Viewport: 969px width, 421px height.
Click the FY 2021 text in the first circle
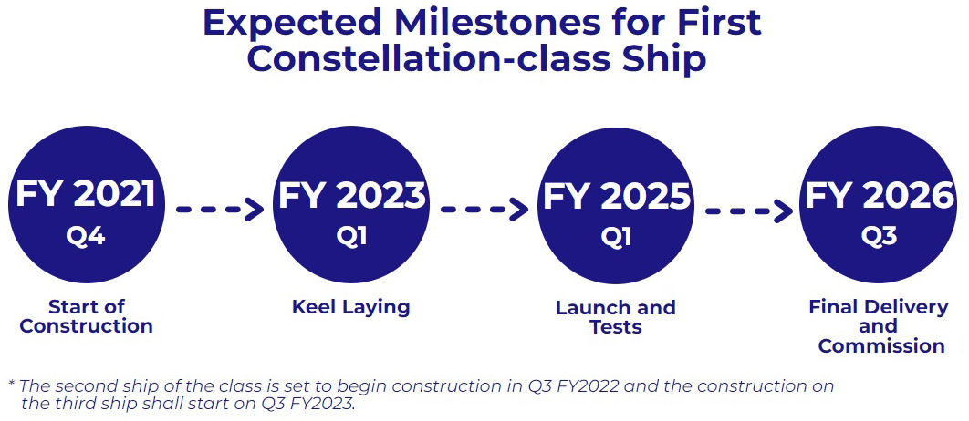[x=85, y=193]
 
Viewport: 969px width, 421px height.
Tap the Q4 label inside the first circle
[x=86, y=236]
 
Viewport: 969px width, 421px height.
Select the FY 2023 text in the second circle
[x=352, y=194]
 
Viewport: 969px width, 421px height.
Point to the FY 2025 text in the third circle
[x=616, y=196]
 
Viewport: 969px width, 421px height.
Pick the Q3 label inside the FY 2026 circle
[x=880, y=236]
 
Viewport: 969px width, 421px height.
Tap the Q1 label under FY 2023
[x=351, y=236]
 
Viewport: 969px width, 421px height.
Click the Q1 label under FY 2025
[x=616, y=236]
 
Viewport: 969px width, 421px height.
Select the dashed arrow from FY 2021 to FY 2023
[x=220, y=210]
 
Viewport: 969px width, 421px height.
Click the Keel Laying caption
[x=351, y=307]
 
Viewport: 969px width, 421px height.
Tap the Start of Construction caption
[x=86, y=316]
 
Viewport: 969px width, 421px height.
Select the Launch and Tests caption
[x=616, y=317]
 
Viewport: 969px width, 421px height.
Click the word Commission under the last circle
[x=881, y=345]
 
